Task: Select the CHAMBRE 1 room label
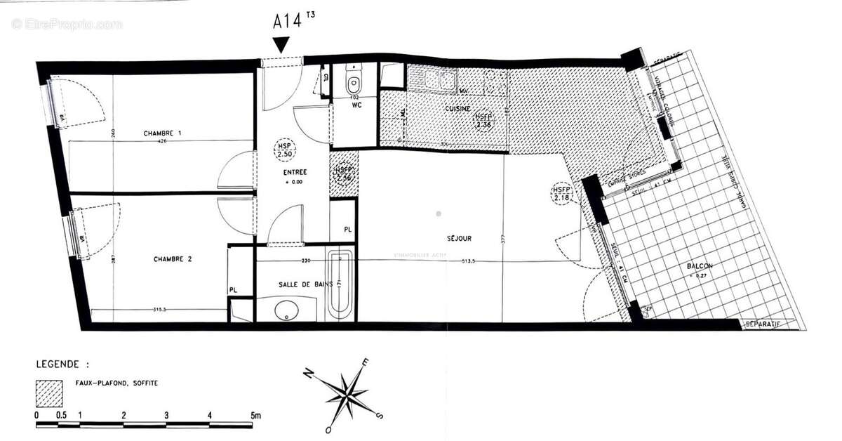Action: [x=163, y=133]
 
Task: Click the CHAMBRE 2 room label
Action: [x=173, y=259]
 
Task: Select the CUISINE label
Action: [x=457, y=110]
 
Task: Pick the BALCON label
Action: [x=699, y=267]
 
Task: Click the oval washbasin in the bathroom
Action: [x=286, y=310]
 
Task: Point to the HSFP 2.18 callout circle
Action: [x=562, y=194]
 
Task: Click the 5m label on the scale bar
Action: [x=255, y=416]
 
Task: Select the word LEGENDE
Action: [x=62, y=365]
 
